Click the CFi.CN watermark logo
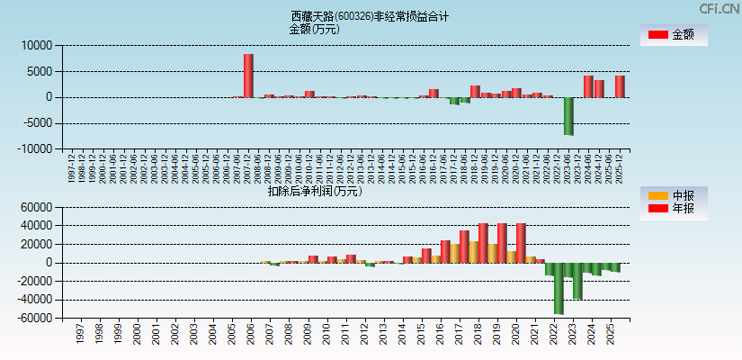click(x=719, y=8)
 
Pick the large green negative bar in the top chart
click(x=568, y=116)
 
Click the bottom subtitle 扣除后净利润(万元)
click(x=314, y=191)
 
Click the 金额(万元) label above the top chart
click(x=314, y=29)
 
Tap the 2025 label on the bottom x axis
click(x=610, y=335)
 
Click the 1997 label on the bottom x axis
click(x=80, y=335)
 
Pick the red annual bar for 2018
click(x=483, y=243)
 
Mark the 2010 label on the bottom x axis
click(x=325, y=335)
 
